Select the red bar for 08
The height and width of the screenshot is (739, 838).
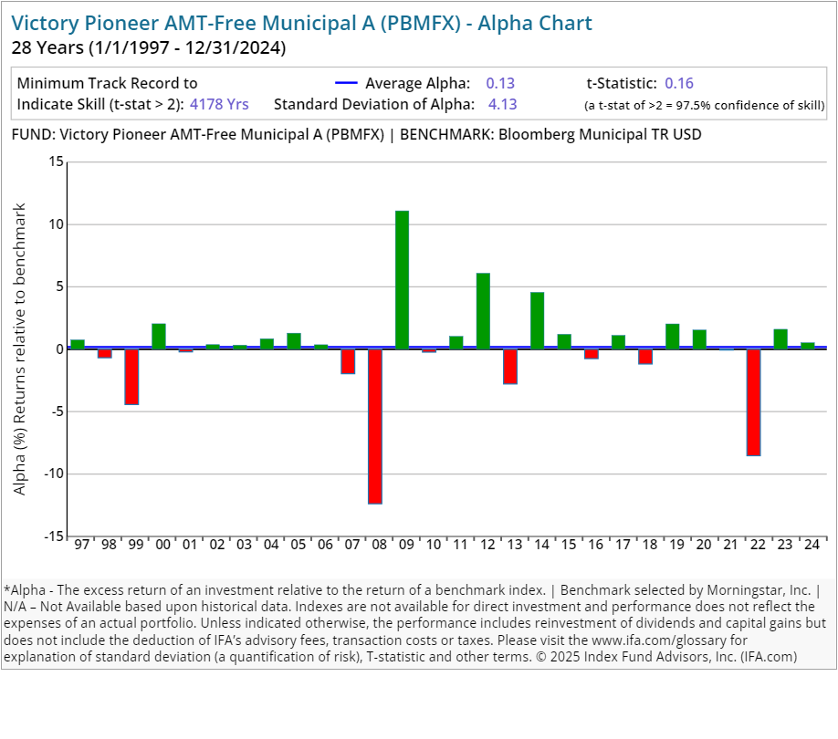[375, 426]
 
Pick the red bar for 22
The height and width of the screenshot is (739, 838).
[753, 402]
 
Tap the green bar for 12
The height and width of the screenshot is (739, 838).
[483, 311]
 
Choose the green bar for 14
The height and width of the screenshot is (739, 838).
[538, 320]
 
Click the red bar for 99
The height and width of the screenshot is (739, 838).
[131, 377]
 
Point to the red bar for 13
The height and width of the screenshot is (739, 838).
[510, 367]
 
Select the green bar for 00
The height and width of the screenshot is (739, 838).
[159, 337]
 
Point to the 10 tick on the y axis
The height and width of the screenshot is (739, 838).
[57, 224]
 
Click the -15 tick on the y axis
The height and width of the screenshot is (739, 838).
[54, 536]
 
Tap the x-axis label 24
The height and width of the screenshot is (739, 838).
[808, 545]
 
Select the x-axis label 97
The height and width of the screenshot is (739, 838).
[81, 545]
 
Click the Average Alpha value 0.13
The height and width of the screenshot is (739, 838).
[500, 83]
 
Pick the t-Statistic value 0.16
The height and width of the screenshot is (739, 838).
[679, 83]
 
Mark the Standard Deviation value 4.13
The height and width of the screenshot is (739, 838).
[502, 104]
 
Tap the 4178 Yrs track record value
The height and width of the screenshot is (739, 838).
[219, 104]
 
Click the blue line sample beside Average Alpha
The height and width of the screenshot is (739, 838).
[345, 83]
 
